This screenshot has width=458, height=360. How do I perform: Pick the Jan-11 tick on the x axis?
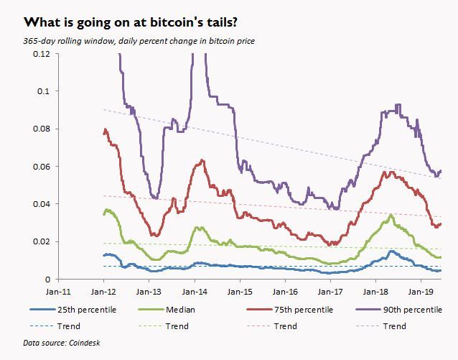pos(59,294)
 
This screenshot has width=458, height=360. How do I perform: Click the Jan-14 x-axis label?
pos(194,294)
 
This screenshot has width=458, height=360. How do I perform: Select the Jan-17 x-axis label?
pos(329,294)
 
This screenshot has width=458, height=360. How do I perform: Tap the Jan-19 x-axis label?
pos(419,294)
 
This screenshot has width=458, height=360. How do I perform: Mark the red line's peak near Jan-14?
pos(204,160)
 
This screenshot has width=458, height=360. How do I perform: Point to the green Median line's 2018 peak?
pos(390,215)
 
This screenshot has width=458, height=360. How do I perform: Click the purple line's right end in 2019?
pos(440,171)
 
